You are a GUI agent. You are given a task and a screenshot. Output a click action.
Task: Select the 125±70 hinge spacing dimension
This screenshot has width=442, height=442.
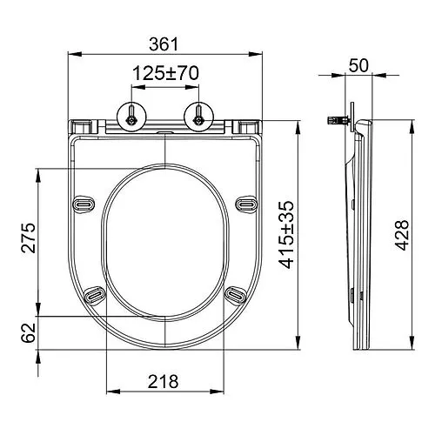(x=165, y=75)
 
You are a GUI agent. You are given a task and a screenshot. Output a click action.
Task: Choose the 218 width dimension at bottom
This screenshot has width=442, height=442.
(x=164, y=380)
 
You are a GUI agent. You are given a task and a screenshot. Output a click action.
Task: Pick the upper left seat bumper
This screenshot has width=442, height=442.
(x=84, y=203)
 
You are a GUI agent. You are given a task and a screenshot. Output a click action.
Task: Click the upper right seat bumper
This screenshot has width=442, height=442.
(x=246, y=203)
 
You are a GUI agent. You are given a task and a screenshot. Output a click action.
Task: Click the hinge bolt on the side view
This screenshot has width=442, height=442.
(x=333, y=119)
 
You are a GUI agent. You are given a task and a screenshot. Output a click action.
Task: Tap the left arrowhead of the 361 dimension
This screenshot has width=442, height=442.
(x=71, y=55)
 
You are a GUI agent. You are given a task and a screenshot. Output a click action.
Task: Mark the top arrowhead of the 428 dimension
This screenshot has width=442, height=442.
(x=409, y=124)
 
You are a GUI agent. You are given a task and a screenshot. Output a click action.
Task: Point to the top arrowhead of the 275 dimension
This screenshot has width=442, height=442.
(x=37, y=171)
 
